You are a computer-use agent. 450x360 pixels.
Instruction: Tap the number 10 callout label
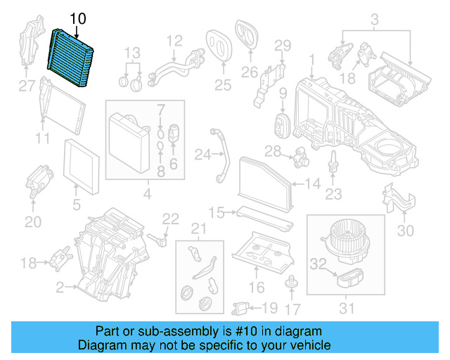click(77, 19)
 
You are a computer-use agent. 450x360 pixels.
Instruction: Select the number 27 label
click(27, 87)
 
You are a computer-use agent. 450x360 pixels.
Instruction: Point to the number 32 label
click(319, 265)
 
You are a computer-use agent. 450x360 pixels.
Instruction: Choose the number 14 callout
click(314, 185)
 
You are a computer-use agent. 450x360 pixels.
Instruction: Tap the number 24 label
click(202, 154)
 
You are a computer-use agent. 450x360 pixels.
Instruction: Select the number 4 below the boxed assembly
click(146, 193)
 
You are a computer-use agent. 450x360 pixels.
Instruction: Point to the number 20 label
click(33, 221)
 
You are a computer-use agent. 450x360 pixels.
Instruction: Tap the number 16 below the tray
click(257, 288)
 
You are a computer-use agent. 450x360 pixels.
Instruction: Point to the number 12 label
click(174, 40)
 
